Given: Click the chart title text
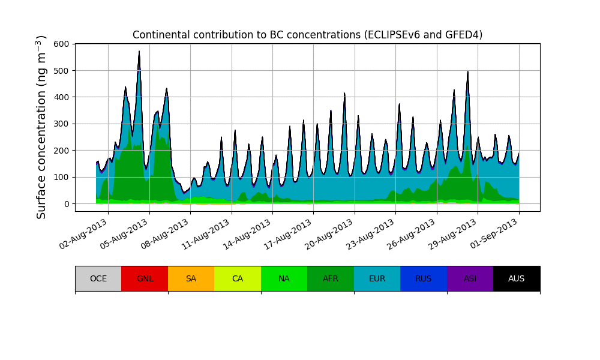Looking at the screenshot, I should (x=307, y=35).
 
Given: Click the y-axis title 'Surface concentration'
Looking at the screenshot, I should (x=41, y=127).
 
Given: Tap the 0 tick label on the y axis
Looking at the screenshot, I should (x=67, y=204).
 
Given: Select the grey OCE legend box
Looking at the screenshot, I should (x=98, y=278).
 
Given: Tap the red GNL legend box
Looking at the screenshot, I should (x=145, y=278).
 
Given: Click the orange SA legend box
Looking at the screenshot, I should (x=191, y=278).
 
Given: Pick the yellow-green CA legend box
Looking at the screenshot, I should (x=238, y=278).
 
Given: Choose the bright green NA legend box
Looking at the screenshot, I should (x=284, y=278).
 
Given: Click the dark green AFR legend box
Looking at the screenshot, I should (x=331, y=278).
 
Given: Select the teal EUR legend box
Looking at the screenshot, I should (x=377, y=278).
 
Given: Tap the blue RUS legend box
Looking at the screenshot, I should (x=424, y=278).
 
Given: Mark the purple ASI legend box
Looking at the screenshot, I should (x=470, y=278).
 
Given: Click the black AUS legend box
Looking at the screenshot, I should (x=517, y=278).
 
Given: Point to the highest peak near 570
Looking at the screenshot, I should (x=139, y=52).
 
